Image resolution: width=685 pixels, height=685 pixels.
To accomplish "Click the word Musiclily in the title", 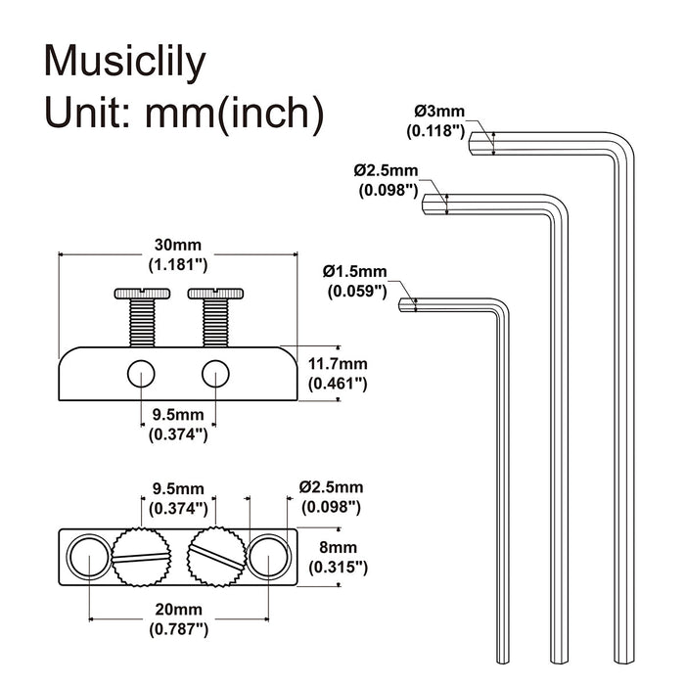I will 125,64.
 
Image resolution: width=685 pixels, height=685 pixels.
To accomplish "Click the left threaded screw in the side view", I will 141,317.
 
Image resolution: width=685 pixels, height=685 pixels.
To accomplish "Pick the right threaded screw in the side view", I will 214,317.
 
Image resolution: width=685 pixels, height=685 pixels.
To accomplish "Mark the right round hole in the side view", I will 215,373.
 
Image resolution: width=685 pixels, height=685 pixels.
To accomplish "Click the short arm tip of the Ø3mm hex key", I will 476,143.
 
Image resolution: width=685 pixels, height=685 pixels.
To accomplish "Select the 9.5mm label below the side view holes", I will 177,427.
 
